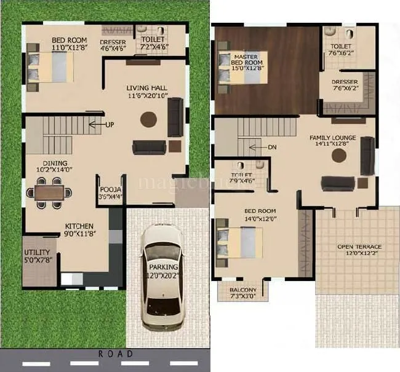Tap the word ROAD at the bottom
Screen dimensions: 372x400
(x=115, y=354)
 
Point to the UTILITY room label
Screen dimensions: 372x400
(x=36, y=253)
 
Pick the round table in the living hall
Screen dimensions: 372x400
(x=148, y=119)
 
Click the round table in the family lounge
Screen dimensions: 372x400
(x=339, y=155)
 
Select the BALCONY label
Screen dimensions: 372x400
(x=243, y=290)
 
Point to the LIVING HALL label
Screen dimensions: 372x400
(x=148, y=88)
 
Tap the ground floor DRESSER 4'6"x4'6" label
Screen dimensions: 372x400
(x=113, y=42)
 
